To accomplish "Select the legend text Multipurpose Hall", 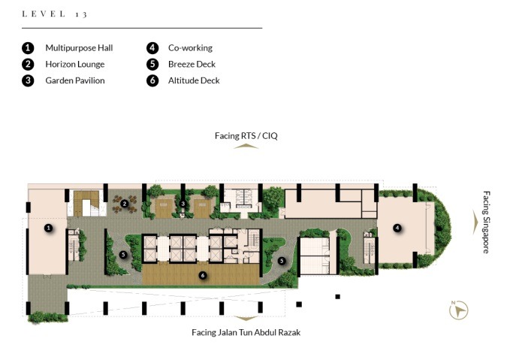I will click(79, 47).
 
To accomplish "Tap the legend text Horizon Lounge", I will click(75, 64).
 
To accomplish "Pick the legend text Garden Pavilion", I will click(75, 80).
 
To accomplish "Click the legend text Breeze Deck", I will click(192, 64).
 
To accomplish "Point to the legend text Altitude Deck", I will click(194, 80).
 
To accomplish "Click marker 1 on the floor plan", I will click(48, 227).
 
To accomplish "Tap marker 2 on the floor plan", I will click(125, 203).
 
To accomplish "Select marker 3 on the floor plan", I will click(183, 203).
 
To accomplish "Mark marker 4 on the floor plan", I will click(397, 228).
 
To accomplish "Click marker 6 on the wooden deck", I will click(202, 275).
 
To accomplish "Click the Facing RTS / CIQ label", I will click(246, 136).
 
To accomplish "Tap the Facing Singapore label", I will click(486, 222).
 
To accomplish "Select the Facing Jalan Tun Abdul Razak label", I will click(246, 332).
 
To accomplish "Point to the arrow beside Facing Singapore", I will click(474, 222).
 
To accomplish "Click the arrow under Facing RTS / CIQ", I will click(246, 147).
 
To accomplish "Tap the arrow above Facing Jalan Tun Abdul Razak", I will click(246, 319).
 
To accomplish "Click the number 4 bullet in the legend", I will click(152, 47).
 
